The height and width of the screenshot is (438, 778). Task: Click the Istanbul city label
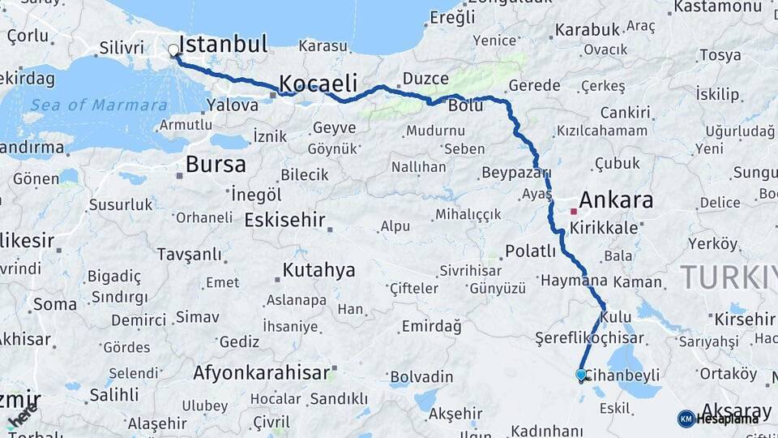pos(223,44)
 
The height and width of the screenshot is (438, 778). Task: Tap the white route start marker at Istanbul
pos(173,50)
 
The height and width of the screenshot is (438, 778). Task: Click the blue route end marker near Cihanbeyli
pos(581,375)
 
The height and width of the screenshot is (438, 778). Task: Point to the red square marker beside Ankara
pos(574,211)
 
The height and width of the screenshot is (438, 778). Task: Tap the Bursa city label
pos(216,165)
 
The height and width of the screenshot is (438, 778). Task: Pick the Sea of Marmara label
pos(95,105)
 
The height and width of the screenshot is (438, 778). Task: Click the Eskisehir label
pos(284,220)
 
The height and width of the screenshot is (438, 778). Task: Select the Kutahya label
pos(318,270)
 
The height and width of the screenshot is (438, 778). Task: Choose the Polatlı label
pos(530,251)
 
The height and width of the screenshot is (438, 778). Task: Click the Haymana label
pos(574,280)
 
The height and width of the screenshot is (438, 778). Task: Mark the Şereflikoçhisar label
pos(589,338)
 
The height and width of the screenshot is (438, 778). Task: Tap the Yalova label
pos(233,105)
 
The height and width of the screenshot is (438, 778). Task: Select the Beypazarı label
pos(515,173)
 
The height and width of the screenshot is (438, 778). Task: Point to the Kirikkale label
pos(604,229)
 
